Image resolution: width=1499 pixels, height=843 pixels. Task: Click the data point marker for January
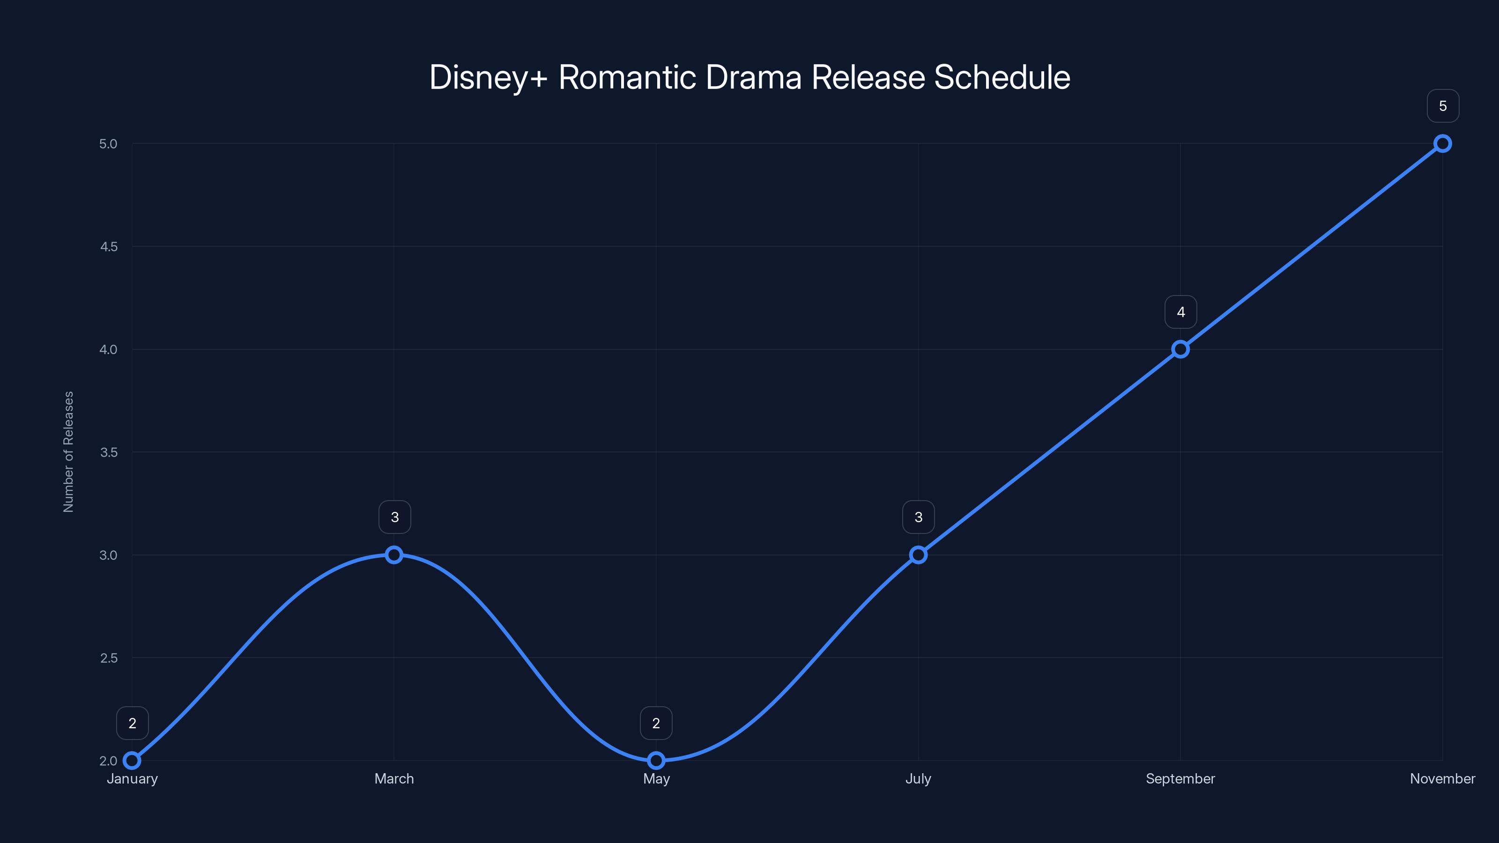click(x=132, y=761)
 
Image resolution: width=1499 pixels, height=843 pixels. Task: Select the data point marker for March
click(x=394, y=555)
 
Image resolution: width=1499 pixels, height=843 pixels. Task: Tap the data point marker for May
click(x=656, y=761)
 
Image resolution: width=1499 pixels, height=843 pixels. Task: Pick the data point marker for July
click(x=918, y=555)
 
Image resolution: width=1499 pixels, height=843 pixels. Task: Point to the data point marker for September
click(x=1180, y=349)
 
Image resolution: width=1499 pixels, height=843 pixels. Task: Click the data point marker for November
click(x=1443, y=144)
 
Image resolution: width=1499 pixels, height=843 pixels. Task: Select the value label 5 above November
click(x=1443, y=106)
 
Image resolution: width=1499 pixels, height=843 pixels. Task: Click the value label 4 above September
click(x=1180, y=312)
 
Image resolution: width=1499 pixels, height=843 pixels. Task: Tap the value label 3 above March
click(x=394, y=517)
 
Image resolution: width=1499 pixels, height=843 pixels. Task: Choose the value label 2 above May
click(x=656, y=723)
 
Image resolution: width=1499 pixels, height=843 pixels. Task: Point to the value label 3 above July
click(x=918, y=517)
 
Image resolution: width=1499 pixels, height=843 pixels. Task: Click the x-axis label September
click(x=1180, y=779)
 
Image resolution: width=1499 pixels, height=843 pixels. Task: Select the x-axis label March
click(x=394, y=779)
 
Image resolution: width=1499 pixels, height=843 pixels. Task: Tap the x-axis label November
click(x=1443, y=779)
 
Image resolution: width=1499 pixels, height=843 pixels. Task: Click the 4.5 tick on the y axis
click(x=109, y=247)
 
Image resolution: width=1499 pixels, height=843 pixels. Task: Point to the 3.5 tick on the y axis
click(x=109, y=452)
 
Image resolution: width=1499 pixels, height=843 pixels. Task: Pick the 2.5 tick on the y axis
click(x=109, y=658)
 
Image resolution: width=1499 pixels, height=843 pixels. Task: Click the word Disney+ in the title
click(x=488, y=77)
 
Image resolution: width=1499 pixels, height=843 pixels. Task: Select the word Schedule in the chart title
click(x=1002, y=77)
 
